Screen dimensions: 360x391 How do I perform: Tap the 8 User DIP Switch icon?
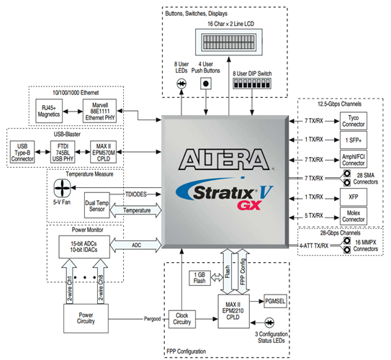pos(252,84)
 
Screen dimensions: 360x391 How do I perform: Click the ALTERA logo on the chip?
pos(228,156)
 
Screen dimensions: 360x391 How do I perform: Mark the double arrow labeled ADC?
pos(138,246)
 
